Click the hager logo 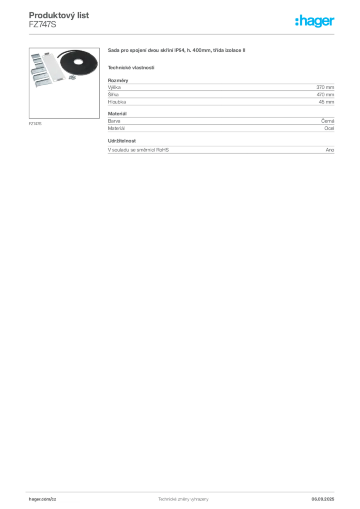[314, 21]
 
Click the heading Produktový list [59, 15]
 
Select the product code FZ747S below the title [43, 25]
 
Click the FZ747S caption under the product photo [35, 124]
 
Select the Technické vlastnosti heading [131, 68]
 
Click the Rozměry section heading [118, 80]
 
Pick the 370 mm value [325, 87]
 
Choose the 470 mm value [325, 95]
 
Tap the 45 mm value [326, 102]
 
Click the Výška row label [114, 87]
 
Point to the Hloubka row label [117, 102]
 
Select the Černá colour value [328, 121]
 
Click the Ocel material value [329, 128]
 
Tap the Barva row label [114, 121]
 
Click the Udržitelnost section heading [122, 141]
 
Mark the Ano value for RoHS [330, 150]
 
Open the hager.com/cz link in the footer [43, 499]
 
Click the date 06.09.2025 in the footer [323, 499]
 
